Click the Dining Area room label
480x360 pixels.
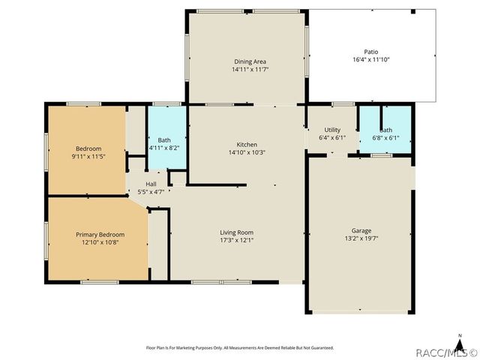click(x=249, y=61)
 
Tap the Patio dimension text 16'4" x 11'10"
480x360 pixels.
click(x=371, y=59)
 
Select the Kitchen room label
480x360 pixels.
click(x=247, y=144)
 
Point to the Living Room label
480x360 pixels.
click(x=236, y=232)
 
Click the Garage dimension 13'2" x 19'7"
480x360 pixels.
click(x=362, y=238)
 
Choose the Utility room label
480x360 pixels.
click(x=331, y=130)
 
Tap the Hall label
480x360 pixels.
click(x=151, y=184)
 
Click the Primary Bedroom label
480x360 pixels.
click(x=97, y=234)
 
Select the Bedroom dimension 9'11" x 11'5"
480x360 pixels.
click(x=88, y=157)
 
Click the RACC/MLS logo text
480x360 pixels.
click(x=445, y=352)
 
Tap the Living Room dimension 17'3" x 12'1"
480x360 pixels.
click(x=236, y=241)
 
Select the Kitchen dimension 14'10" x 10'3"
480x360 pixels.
click(x=247, y=152)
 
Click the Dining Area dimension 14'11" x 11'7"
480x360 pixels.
click(x=249, y=70)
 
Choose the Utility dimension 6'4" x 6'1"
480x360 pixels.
click(x=331, y=138)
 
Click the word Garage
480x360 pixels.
click(x=362, y=230)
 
